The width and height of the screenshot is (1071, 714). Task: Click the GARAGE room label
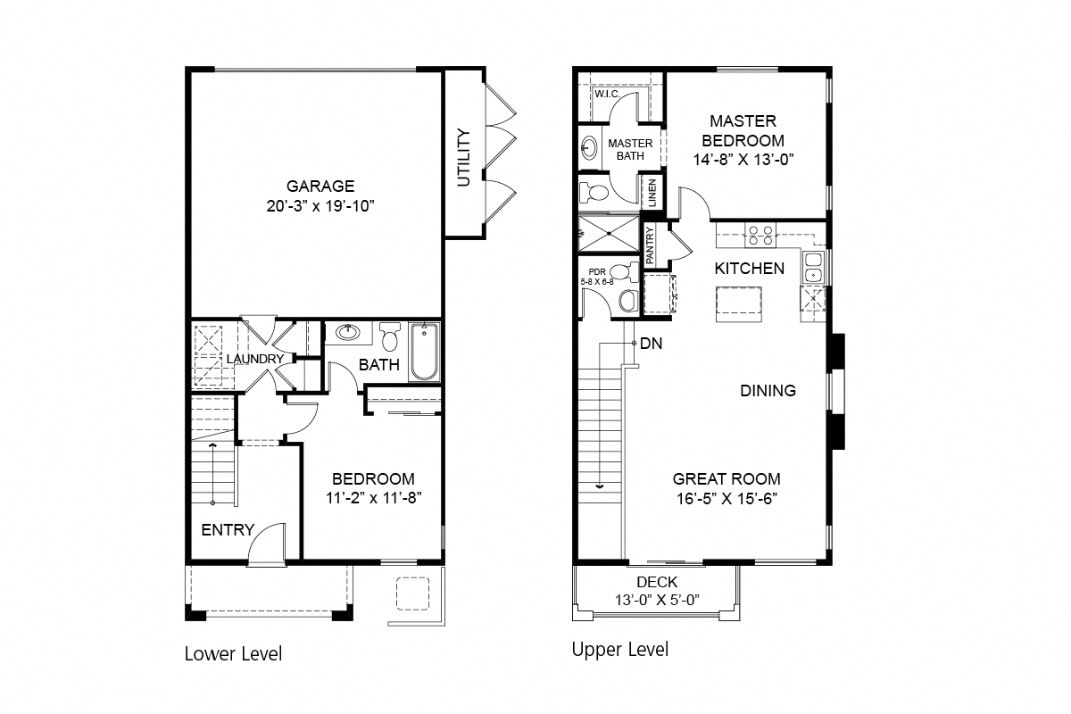(320, 187)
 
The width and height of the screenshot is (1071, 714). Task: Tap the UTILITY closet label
(463, 158)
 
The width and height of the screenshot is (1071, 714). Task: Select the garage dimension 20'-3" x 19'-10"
(320, 207)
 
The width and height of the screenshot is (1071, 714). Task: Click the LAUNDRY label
(254, 359)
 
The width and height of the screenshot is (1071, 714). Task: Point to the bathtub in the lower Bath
(425, 353)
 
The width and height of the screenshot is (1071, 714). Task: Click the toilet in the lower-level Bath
(389, 337)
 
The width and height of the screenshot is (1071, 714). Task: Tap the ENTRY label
(228, 529)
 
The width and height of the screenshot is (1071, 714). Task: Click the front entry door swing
(264, 543)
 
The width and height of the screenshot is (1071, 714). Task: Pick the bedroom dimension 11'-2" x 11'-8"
(373, 498)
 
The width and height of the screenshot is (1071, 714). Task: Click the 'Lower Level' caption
(233, 653)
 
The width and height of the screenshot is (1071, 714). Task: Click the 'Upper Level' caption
(619, 649)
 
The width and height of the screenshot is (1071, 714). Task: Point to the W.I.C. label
(607, 94)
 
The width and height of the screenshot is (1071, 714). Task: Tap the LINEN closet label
(652, 192)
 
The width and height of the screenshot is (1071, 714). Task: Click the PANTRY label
(650, 244)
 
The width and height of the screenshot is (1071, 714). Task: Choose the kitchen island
(738, 304)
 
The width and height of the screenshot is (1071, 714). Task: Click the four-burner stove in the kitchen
(760, 236)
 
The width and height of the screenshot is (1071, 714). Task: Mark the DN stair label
(651, 343)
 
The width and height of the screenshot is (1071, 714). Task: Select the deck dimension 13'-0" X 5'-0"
(657, 599)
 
